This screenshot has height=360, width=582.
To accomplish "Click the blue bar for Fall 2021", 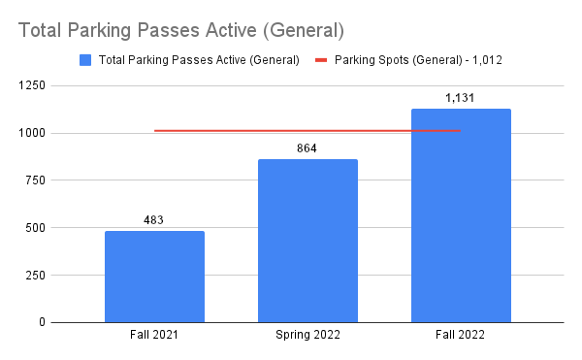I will [x=154, y=277].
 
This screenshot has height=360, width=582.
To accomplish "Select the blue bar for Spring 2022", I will [x=307, y=241].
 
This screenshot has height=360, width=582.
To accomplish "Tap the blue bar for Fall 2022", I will [x=461, y=215].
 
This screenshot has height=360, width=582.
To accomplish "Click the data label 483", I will [x=154, y=220].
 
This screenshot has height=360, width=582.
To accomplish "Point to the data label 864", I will [x=307, y=148].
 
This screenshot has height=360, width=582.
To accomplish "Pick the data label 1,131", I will [x=461, y=98].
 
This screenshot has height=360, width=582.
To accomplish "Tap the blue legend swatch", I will [x=84, y=60].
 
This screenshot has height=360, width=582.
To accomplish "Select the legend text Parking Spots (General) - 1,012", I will [x=418, y=60].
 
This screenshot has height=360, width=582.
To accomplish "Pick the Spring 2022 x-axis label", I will [x=307, y=336].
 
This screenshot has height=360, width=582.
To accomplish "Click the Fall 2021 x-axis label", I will [x=154, y=336].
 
